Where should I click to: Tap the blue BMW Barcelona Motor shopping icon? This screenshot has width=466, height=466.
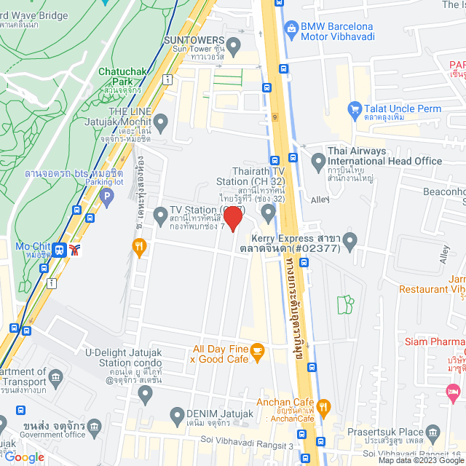point(292,30)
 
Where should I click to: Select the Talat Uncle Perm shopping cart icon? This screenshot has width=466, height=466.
point(355,108)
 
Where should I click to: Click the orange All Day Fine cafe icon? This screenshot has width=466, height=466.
point(257,352)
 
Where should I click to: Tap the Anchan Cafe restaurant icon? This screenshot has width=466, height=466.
point(325,406)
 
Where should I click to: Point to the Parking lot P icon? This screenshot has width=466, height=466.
point(107,196)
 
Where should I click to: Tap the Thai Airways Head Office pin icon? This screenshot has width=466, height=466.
point(317,159)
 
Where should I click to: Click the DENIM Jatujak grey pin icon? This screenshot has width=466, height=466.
point(175,416)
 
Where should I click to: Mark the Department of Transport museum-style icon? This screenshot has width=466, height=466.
point(56,377)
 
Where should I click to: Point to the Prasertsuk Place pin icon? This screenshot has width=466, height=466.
point(433,434)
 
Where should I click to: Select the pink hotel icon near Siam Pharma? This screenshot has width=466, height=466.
point(453,392)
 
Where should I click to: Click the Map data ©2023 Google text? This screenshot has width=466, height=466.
point(420,460)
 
